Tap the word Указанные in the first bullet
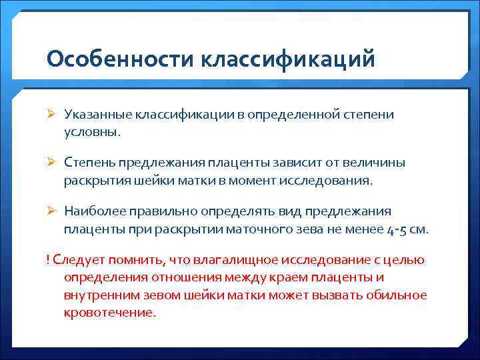pos(97,114)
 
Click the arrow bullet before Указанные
pos(52,115)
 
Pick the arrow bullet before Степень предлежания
pos(52,163)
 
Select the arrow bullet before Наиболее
pos(52,211)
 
